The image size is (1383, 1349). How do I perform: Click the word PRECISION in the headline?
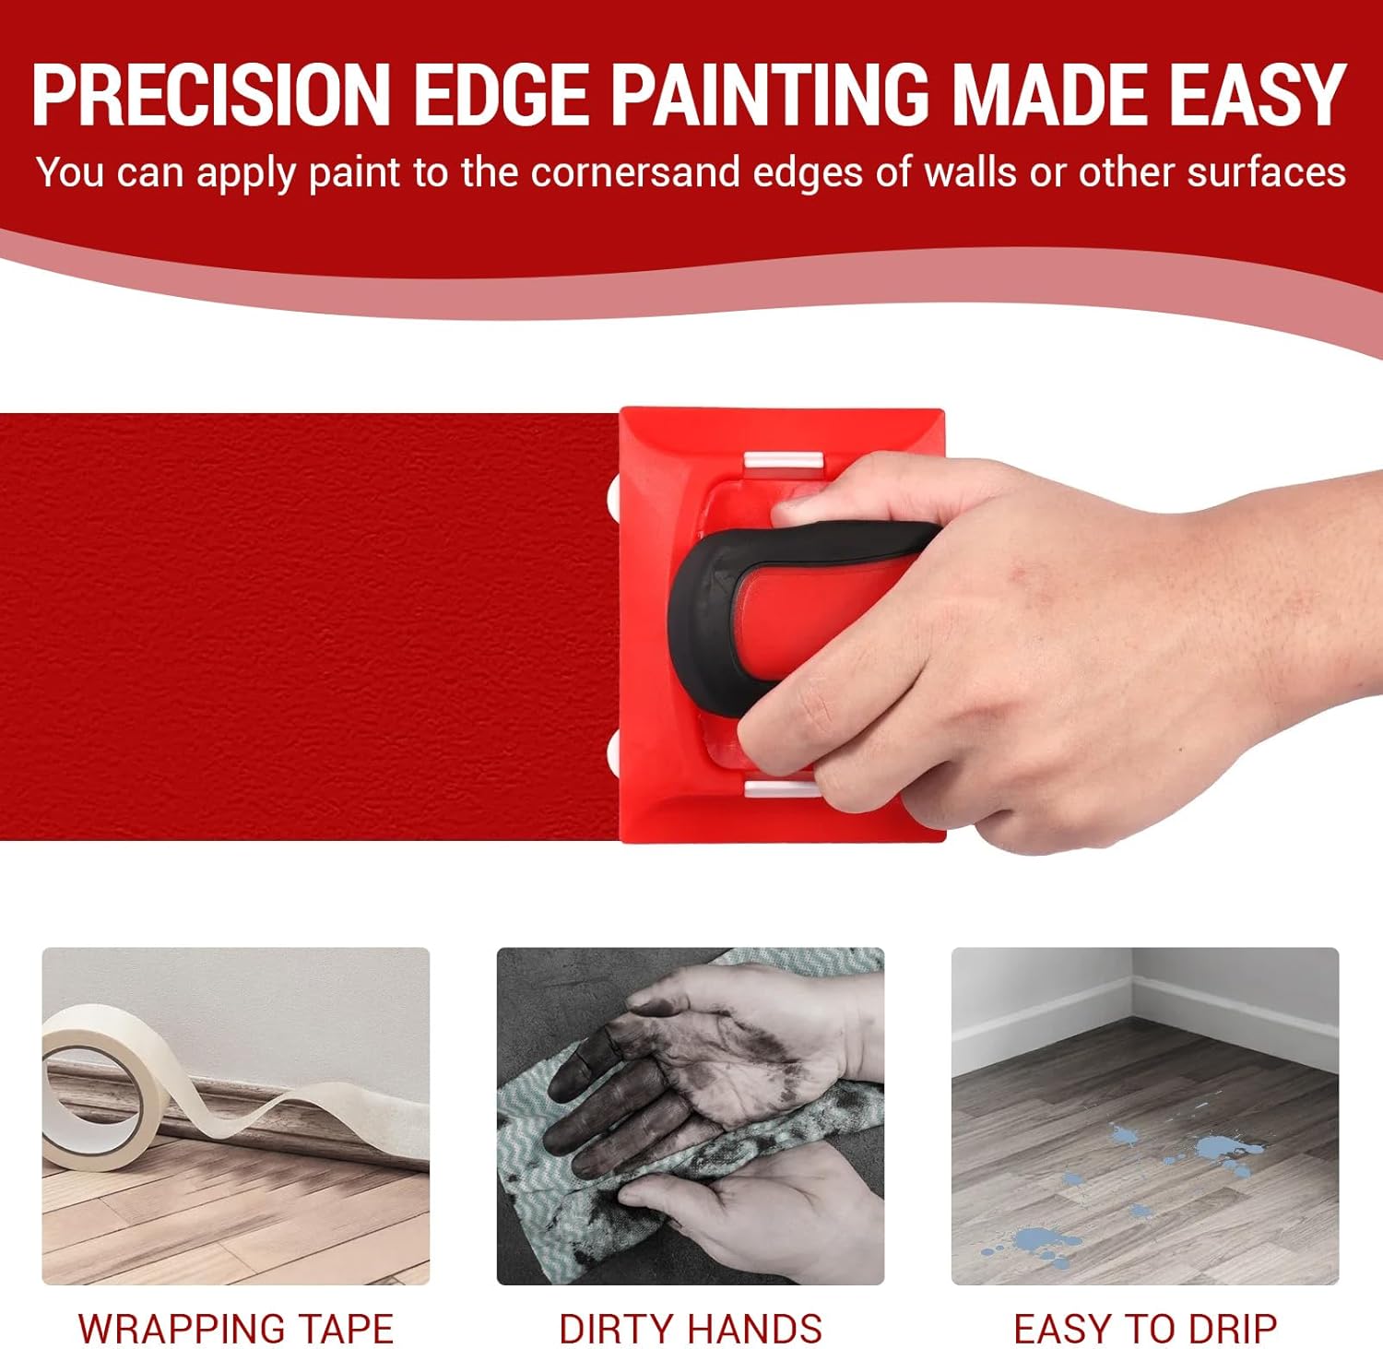(x=211, y=95)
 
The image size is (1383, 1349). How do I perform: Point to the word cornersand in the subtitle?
(x=635, y=172)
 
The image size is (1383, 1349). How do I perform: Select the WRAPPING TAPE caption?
(x=236, y=1329)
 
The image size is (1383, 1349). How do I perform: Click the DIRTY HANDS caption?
(x=691, y=1329)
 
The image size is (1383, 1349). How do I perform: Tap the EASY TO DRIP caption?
(x=1145, y=1329)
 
